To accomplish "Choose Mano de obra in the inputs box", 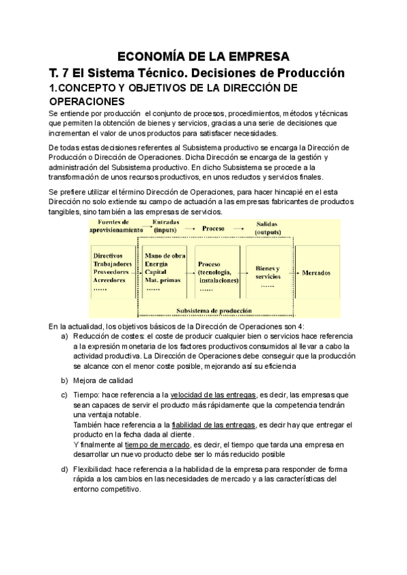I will click(x=165, y=255).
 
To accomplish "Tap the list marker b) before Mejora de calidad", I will click(x=64, y=380).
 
